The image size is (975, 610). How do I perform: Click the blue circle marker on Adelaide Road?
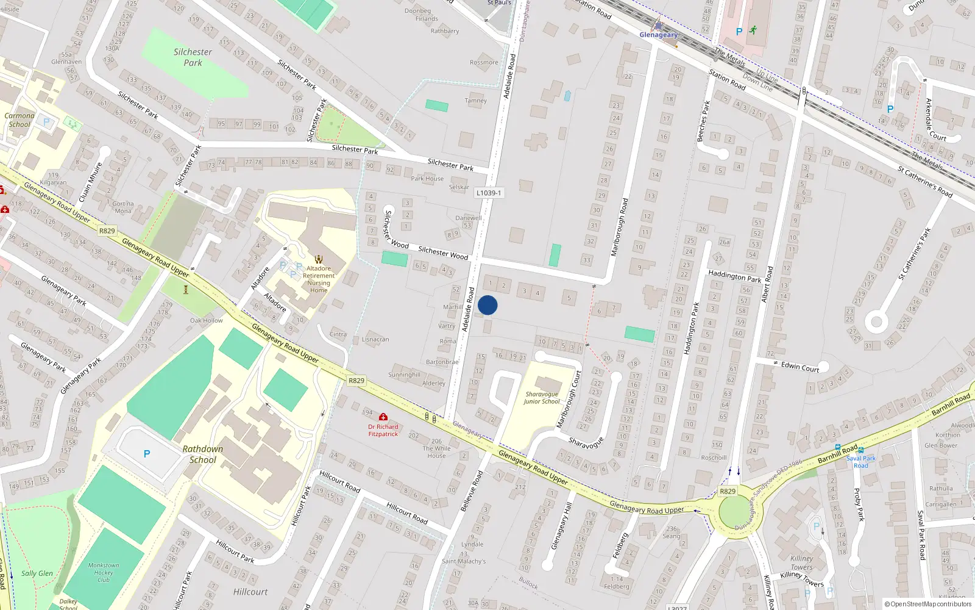487,305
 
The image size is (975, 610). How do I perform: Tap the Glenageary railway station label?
658,35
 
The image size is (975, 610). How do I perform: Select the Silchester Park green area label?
193,57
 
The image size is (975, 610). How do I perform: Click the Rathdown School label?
202,454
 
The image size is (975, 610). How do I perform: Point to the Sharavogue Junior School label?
541,398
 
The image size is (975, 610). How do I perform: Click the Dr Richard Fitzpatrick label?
383,430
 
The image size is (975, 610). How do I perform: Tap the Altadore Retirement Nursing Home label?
319,279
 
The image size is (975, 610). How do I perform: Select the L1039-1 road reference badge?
489,193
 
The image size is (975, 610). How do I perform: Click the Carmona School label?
19,120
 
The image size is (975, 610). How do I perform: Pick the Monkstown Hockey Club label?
104,572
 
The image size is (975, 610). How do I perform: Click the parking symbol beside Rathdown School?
147,454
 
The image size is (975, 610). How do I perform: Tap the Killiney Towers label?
802,563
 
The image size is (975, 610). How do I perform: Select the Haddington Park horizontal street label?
734,276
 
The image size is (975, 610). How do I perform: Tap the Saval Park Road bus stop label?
860,462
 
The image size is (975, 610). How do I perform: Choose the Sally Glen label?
37,573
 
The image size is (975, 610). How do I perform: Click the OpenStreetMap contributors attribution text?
928,604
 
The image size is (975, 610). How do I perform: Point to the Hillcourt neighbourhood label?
250,592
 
